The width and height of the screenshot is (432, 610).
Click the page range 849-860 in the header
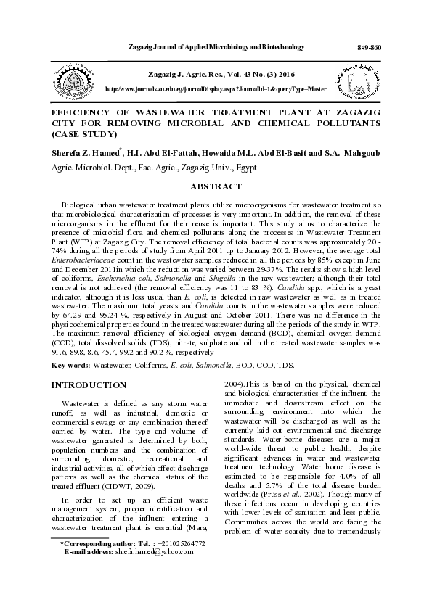(x=370, y=47)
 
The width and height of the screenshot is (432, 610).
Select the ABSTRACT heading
(x=216, y=186)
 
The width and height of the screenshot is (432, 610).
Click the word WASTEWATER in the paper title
(x=176, y=114)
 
